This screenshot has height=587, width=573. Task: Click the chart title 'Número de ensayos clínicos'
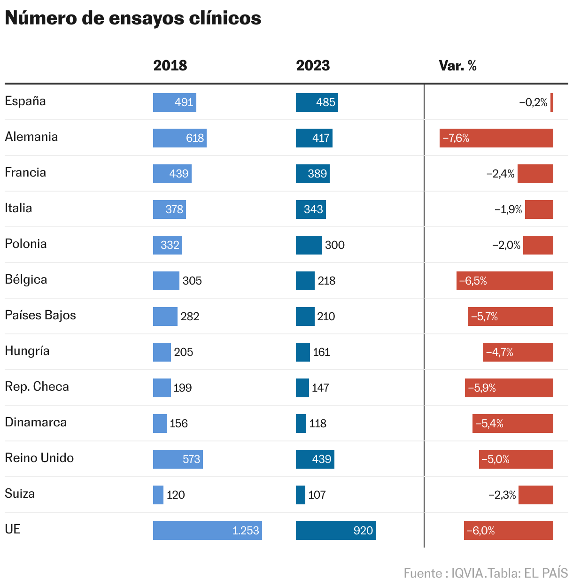(133, 18)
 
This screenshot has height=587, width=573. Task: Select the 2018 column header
(170, 65)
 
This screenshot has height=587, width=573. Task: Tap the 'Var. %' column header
(457, 65)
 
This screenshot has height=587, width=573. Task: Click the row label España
(25, 101)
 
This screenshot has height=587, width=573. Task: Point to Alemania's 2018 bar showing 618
(179, 138)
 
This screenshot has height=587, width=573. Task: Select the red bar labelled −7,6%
(496, 138)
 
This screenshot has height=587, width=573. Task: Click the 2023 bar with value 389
(312, 174)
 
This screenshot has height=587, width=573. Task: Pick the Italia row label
(18, 209)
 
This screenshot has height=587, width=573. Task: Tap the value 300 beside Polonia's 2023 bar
(335, 245)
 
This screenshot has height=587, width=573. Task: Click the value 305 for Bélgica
(192, 281)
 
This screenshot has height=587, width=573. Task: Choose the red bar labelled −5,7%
(510, 317)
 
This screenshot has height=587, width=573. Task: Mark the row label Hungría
(27, 351)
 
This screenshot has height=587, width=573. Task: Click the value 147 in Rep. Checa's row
(320, 388)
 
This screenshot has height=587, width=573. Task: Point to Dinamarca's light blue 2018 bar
(160, 424)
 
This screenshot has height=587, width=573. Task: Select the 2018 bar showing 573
(178, 459)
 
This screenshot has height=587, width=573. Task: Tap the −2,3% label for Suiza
(502, 495)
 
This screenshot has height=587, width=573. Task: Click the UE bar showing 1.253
(207, 531)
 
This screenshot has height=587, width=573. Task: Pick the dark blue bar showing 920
(335, 531)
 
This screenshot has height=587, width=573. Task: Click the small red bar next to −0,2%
(552, 102)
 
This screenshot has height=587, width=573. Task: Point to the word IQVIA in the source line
(467, 573)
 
